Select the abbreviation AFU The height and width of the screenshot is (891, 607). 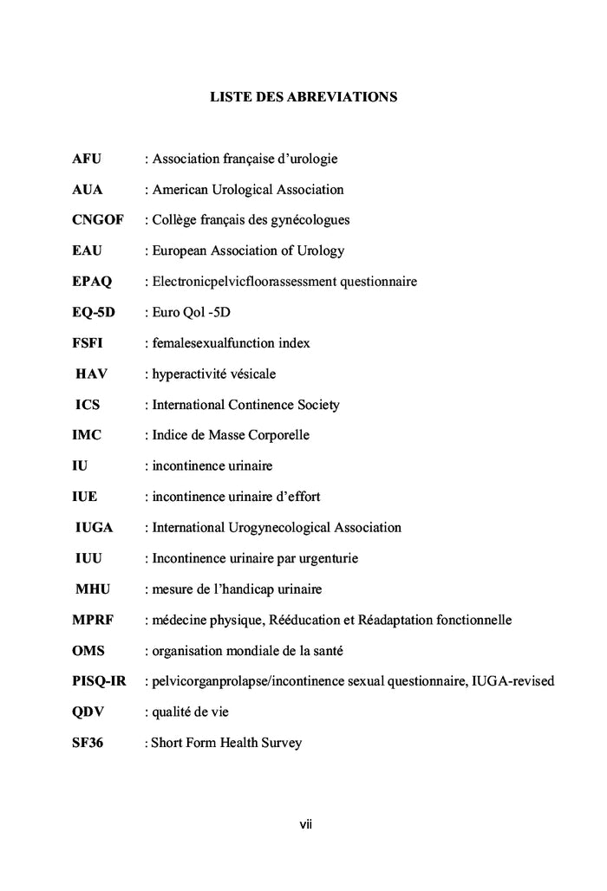point(87,159)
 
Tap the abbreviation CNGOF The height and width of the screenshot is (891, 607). point(97,220)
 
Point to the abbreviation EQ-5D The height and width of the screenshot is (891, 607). point(93,312)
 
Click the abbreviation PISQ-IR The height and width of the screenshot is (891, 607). point(99,681)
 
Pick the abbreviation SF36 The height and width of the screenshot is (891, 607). point(88,743)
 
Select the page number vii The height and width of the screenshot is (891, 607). point(305,824)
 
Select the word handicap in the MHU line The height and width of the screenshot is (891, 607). point(240,589)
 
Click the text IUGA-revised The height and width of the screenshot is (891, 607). point(512,681)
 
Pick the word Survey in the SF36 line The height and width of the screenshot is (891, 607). point(280,743)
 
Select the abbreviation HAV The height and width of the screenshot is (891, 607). point(93,374)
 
